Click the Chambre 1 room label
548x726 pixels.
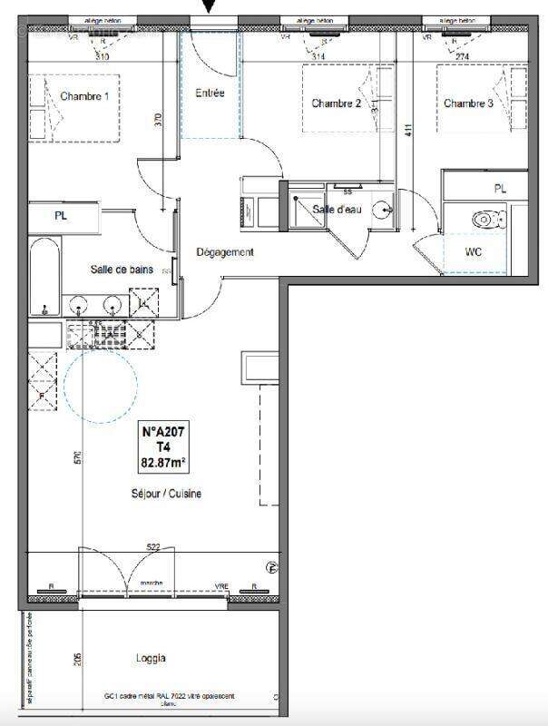pyautogui.click(x=84, y=96)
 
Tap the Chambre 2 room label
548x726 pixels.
pyautogui.click(x=337, y=103)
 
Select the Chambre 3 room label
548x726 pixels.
pyautogui.click(x=468, y=103)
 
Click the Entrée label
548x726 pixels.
pyautogui.click(x=211, y=93)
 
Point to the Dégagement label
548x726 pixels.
pyautogui.click(x=225, y=252)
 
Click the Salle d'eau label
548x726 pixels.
pyautogui.click(x=337, y=210)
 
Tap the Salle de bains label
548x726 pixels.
pyautogui.click(x=127, y=270)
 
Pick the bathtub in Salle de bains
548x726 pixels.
pyautogui.click(x=44, y=277)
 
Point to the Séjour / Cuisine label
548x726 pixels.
pyautogui.click(x=164, y=494)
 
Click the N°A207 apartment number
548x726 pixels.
pyautogui.click(x=164, y=433)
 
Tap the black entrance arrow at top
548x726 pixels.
pyautogui.click(x=210, y=7)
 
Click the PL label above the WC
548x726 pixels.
pyautogui.click(x=500, y=189)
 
